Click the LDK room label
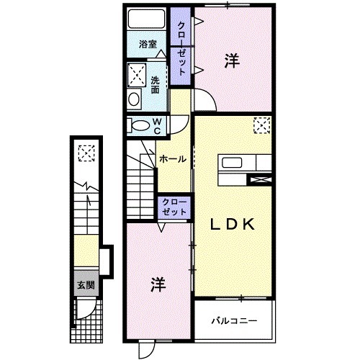click(233, 225)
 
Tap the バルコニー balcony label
click(234, 320)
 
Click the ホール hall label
click(173, 159)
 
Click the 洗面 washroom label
click(155, 85)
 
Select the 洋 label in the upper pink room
click(231, 63)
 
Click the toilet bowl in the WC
click(136, 126)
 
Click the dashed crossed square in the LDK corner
click(261, 127)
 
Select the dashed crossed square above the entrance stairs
click(86, 153)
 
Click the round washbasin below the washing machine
click(134, 99)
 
